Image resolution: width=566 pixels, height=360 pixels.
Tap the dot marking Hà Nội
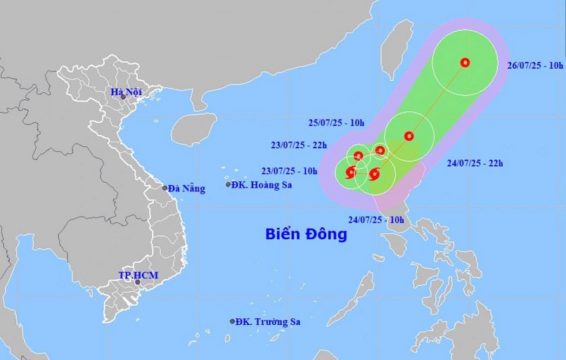click(x=123, y=96)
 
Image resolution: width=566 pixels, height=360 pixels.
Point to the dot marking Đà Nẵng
click(x=165, y=188)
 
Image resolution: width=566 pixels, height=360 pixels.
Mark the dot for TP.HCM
click(x=138, y=282)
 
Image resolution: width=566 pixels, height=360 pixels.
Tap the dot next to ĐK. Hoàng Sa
click(x=229, y=184)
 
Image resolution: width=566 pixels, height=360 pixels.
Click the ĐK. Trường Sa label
click(x=268, y=321)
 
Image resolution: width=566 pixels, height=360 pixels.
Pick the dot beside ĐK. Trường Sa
click(x=233, y=321)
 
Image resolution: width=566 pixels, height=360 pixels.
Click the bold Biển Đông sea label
click(x=307, y=234)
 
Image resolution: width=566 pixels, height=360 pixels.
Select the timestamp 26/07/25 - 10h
click(x=535, y=65)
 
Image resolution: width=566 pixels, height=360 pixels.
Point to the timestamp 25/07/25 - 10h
click(x=336, y=123)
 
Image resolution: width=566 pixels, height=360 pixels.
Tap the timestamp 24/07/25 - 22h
click(x=475, y=163)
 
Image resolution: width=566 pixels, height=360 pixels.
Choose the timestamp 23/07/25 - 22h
click(x=298, y=146)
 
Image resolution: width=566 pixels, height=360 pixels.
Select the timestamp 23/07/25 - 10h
click(x=298, y=169)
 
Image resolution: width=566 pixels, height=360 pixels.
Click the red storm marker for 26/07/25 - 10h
click(x=465, y=63)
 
